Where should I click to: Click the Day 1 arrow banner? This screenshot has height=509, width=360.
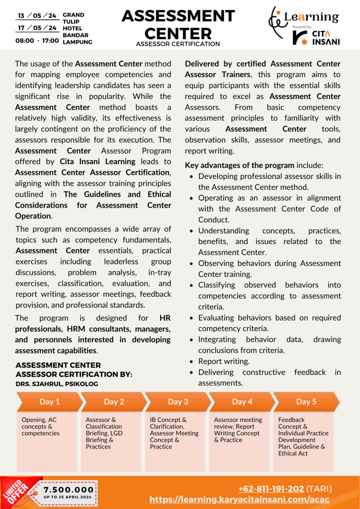(49, 402)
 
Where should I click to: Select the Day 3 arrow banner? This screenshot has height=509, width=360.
(178, 402)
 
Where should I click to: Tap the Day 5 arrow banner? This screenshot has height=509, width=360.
(306, 402)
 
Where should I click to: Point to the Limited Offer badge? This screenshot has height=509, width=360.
(18, 491)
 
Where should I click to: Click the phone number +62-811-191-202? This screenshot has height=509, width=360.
(271, 489)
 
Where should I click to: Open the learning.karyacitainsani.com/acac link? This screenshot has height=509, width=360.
(240, 499)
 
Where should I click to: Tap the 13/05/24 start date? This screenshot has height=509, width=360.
(37, 15)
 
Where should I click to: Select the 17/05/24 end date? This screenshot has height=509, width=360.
(37, 28)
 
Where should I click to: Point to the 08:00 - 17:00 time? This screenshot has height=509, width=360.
(37, 40)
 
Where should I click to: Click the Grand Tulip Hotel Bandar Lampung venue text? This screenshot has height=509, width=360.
(77, 29)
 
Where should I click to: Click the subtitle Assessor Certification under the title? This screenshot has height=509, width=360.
(178, 44)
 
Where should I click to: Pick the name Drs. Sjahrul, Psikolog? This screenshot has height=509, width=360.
(57, 384)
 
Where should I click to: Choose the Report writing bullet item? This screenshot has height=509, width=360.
(224, 361)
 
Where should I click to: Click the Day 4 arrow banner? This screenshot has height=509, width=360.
(242, 402)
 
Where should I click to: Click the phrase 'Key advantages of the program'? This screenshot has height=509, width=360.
(240, 165)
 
